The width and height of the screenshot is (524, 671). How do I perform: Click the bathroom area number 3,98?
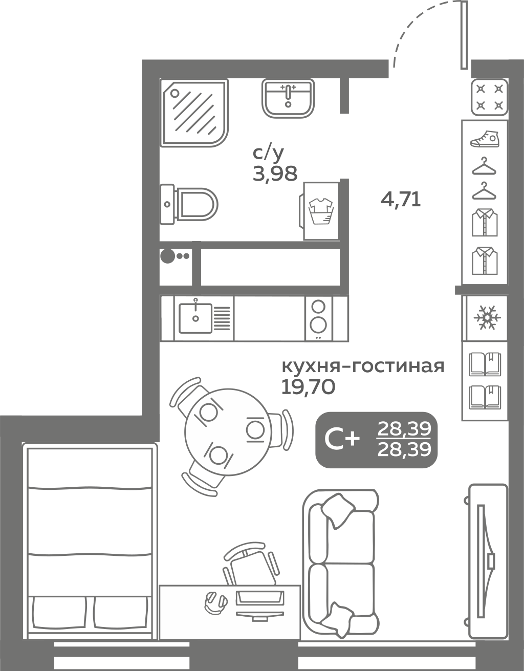click(275, 174)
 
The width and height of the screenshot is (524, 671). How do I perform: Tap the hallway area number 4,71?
click(401, 200)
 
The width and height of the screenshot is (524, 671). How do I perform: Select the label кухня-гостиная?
click(363, 366)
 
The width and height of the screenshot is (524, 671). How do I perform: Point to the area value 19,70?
click(308, 387)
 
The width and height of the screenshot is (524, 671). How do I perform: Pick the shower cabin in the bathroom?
click(194, 113)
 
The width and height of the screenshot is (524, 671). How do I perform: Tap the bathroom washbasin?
click(288, 98)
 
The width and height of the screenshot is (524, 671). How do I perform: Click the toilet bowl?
click(189, 204)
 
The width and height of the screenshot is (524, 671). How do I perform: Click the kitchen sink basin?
click(195, 318)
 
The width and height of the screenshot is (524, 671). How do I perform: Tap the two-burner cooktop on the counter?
click(318, 319)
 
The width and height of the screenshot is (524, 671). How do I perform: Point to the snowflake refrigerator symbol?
click(486, 318)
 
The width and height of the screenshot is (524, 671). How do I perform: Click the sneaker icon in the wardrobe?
click(485, 139)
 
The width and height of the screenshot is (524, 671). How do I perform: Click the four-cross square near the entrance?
click(489, 97)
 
